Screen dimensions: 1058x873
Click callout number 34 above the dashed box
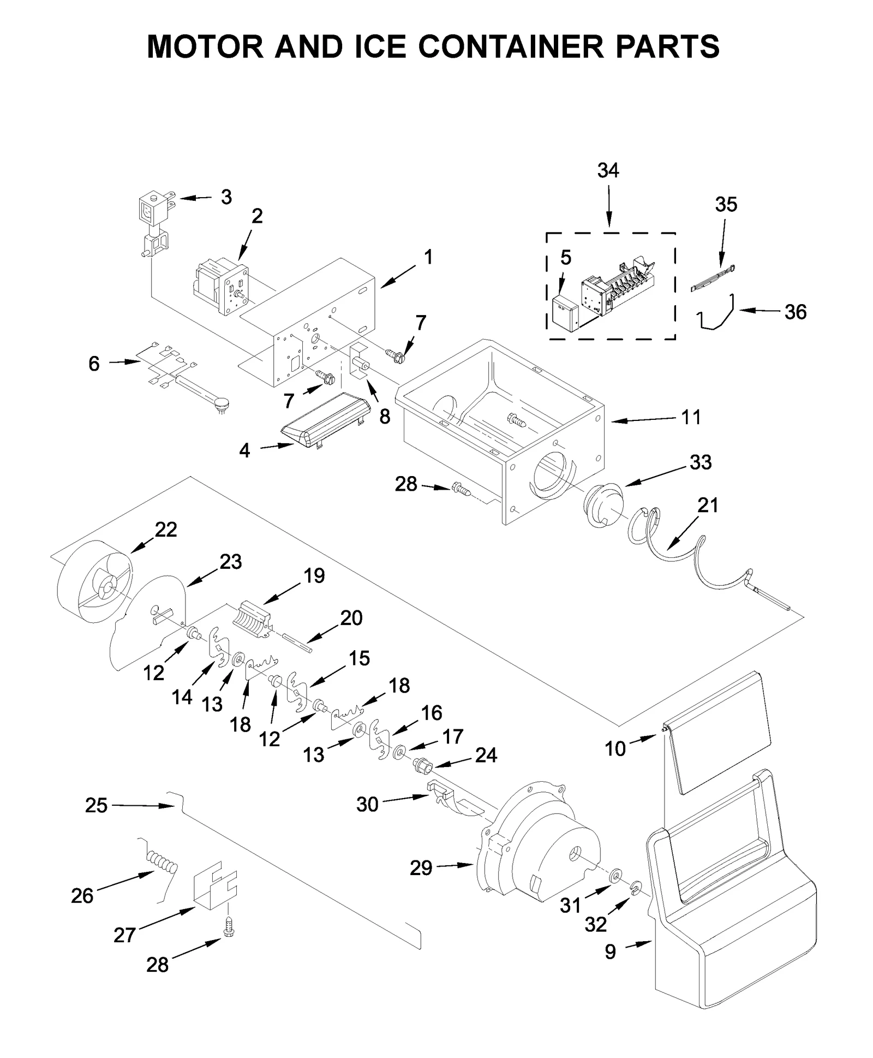click(x=608, y=170)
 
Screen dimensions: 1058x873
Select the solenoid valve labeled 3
click(x=154, y=210)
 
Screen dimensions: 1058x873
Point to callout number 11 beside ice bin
click(x=691, y=417)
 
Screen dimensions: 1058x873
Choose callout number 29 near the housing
click(x=421, y=867)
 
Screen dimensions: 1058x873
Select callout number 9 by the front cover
click(x=610, y=952)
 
